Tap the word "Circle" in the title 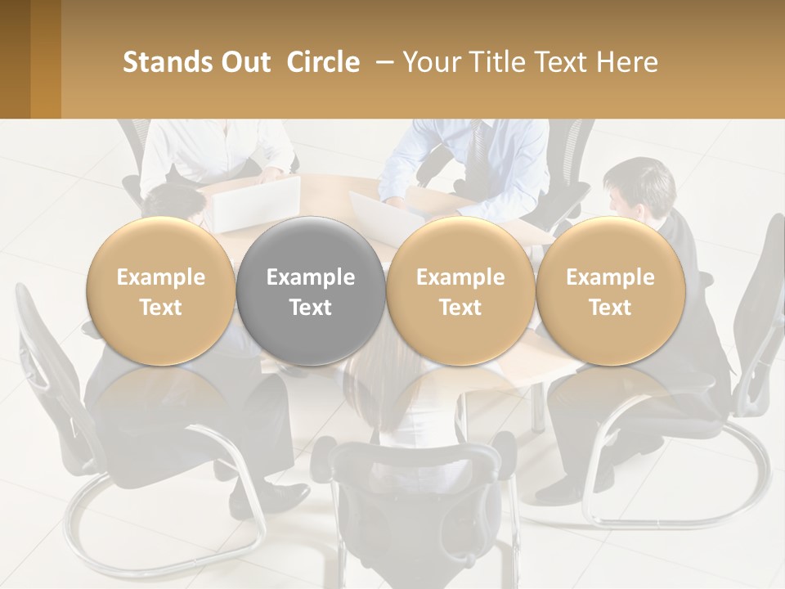(x=323, y=62)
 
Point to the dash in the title (x=382, y=62)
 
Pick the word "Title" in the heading (x=501, y=62)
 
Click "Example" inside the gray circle (x=311, y=277)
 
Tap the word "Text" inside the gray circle (x=311, y=308)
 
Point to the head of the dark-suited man (x=639, y=185)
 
